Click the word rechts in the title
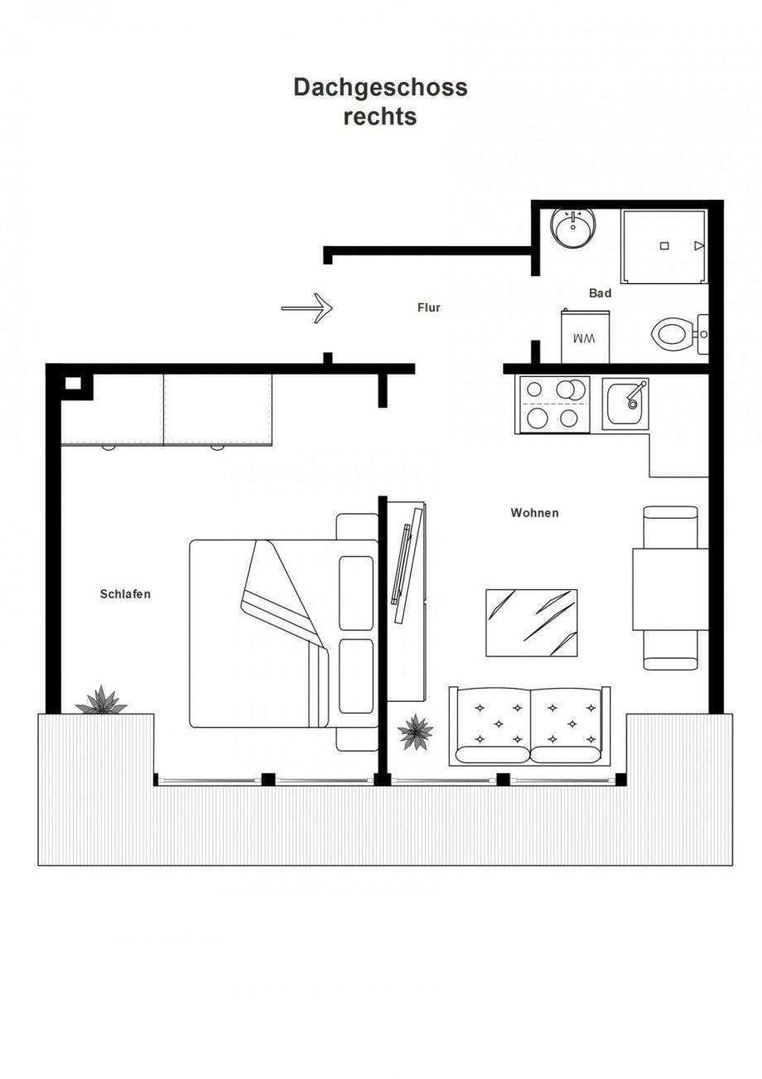tap(380, 117)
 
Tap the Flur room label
tap(429, 307)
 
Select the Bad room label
tap(600, 293)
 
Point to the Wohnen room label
tap(535, 512)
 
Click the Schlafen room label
tap(125, 594)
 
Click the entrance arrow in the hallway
tap(307, 307)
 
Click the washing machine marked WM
tap(586, 336)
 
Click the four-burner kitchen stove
tap(552, 404)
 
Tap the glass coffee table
tap(532, 622)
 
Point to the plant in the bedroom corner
tap(101, 700)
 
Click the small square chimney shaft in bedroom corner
tap(73, 384)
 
